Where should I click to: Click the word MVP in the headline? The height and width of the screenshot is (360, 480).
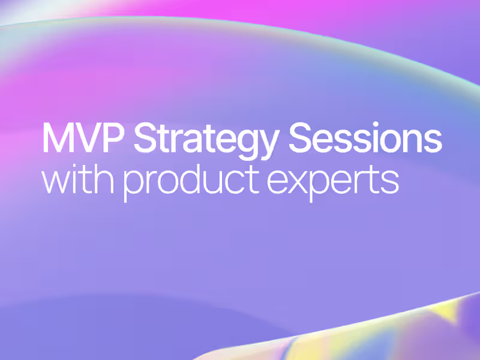click(x=83, y=139)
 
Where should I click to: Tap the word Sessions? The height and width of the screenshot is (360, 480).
click(x=366, y=139)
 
